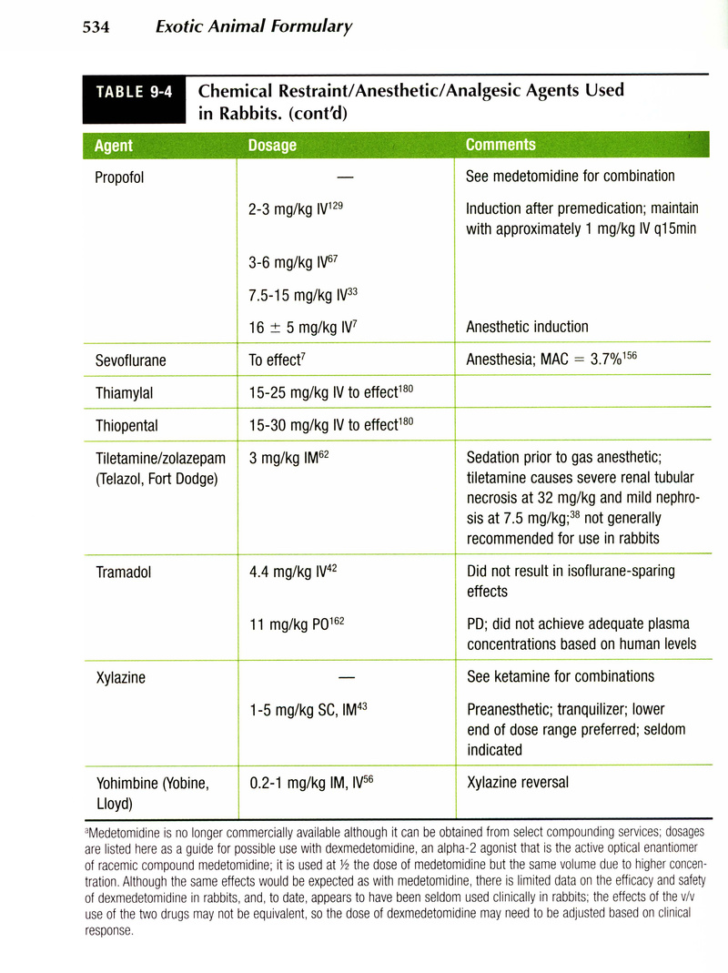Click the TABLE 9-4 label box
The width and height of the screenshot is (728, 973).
point(134,91)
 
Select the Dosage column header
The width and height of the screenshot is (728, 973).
point(272,146)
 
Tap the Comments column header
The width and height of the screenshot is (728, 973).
point(500,145)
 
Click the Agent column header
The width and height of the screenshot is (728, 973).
point(114,146)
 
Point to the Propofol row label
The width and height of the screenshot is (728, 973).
point(119,177)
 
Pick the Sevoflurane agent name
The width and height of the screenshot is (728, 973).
point(131,360)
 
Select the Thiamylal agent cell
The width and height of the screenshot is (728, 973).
point(125,393)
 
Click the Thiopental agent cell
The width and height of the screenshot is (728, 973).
point(126,425)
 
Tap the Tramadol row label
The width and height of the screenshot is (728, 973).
point(124,573)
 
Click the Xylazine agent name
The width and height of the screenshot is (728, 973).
point(120,678)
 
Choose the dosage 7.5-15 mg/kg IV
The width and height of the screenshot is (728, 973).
point(297,295)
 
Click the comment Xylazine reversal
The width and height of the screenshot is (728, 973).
point(518,783)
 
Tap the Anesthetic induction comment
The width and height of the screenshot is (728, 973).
point(527,327)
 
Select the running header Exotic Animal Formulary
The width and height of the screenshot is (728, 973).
point(254,26)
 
